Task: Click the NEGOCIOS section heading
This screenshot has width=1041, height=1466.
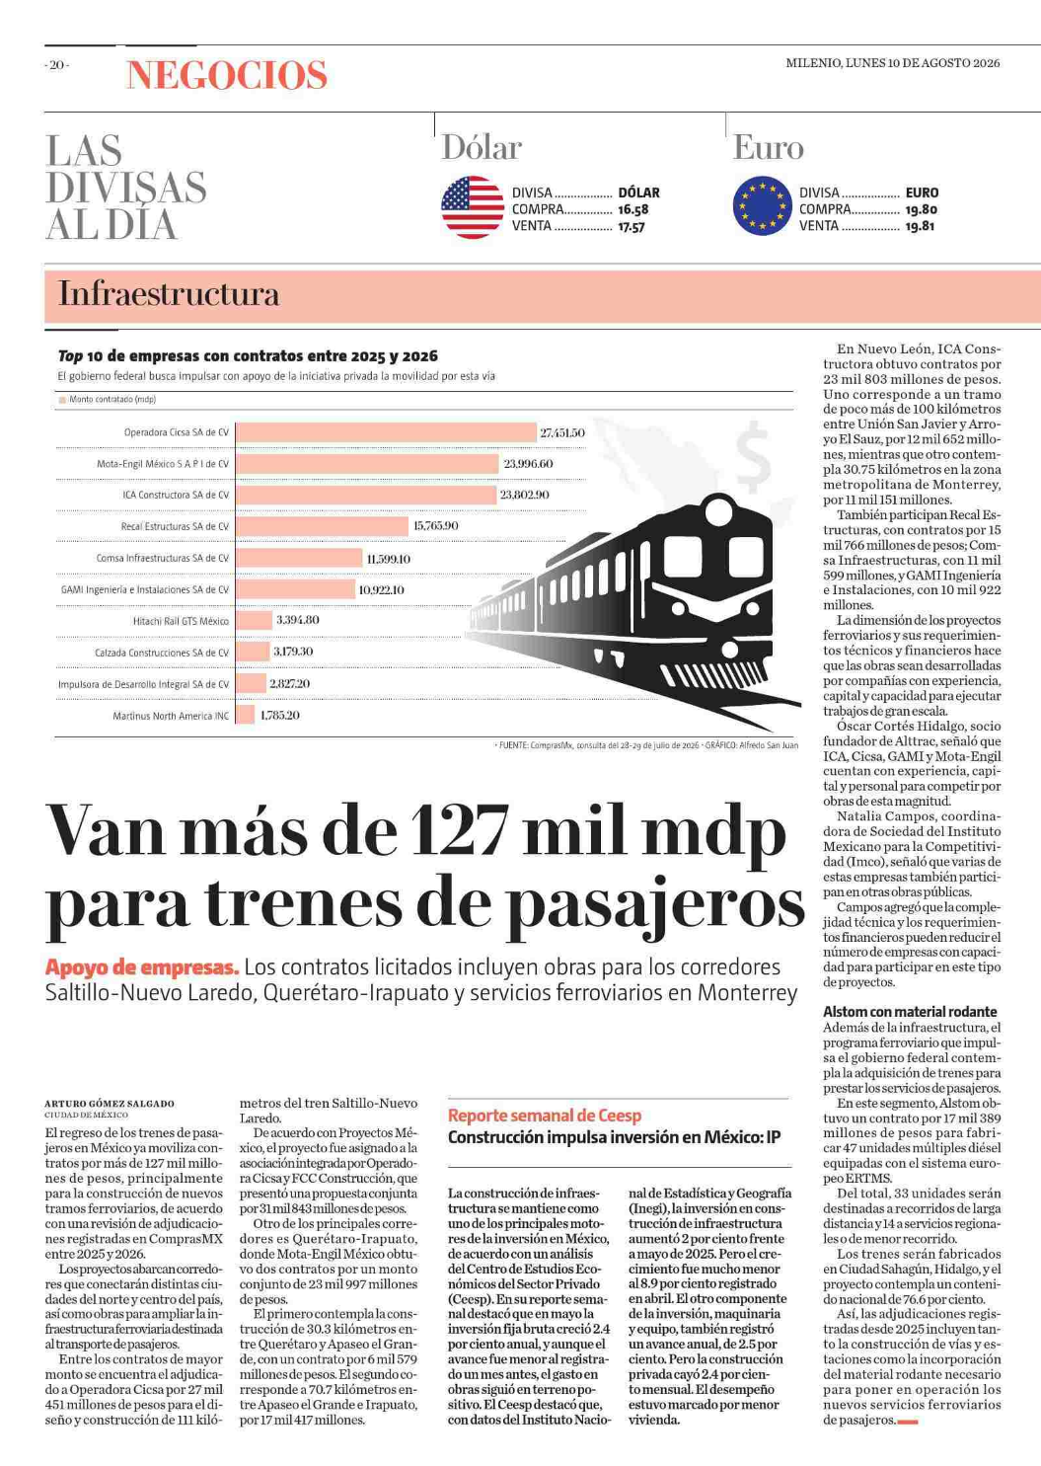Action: coord(226,75)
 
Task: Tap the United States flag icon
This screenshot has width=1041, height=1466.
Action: coord(473,206)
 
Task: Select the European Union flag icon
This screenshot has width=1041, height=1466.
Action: coord(762,205)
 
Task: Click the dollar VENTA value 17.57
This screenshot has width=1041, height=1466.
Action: coord(632,227)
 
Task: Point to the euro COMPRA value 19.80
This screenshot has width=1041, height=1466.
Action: coord(922,210)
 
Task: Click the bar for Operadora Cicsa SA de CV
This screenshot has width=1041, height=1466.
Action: coord(386,432)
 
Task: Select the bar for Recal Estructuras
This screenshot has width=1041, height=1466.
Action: coord(323,526)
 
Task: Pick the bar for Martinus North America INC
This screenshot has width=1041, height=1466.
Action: coord(246,715)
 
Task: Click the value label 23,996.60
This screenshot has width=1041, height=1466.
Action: coord(528,464)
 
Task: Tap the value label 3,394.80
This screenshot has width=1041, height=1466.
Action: coord(298,620)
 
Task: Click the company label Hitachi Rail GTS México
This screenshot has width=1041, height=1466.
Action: coord(182,621)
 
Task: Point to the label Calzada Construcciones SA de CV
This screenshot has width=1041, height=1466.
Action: coord(162,653)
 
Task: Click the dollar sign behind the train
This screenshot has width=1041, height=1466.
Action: coord(754,456)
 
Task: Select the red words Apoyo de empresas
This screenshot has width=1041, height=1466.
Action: coord(142,967)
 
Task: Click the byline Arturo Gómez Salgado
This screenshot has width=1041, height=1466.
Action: coord(110,1104)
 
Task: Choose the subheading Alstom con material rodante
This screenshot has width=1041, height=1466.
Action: coord(910,1012)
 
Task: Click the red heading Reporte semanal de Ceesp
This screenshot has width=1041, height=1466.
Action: coord(545,1116)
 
